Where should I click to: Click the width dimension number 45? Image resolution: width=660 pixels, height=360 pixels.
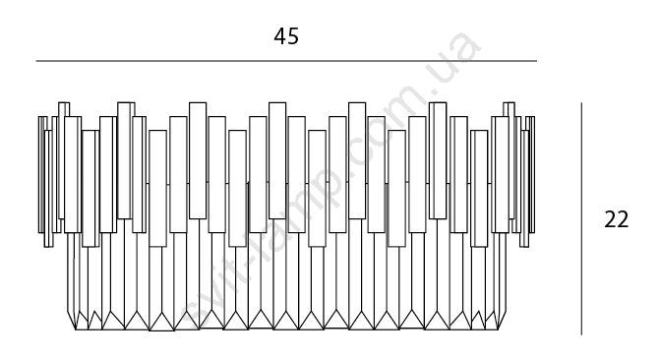pyautogui.click(x=286, y=36)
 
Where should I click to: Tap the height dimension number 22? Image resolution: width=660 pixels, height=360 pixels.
pyautogui.click(x=616, y=219)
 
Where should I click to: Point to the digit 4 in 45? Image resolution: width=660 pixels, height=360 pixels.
pyautogui.click(x=280, y=36)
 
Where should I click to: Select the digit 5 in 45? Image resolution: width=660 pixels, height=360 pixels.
pyautogui.click(x=293, y=36)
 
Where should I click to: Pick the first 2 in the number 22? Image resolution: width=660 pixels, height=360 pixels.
pyautogui.click(x=610, y=219)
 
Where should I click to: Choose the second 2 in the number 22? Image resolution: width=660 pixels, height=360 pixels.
pyautogui.click(x=623, y=219)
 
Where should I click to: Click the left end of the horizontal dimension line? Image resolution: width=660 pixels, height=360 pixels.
pyautogui.click(x=36, y=61)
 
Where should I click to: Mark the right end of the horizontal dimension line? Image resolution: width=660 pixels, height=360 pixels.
pyautogui.click(x=537, y=61)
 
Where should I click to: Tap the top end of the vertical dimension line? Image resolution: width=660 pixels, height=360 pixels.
pyautogui.click(x=581, y=103)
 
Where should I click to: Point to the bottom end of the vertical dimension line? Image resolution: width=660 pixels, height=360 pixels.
pyautogui.click(x=581, y=334)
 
